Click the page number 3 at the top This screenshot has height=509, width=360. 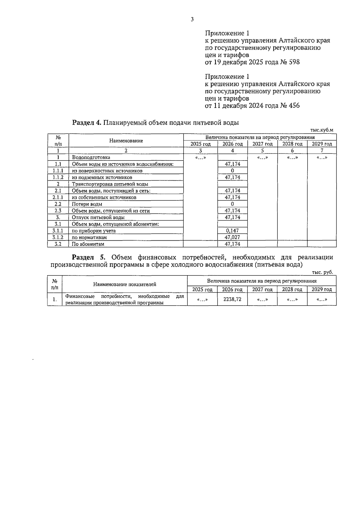[192, 20]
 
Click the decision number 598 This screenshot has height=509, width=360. [294, 62]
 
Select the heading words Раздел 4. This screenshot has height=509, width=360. [87, 123]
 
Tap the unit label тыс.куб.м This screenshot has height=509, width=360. [322, 130]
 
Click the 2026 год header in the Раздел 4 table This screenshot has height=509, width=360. [232, 144]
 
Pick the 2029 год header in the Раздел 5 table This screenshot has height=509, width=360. [322, 289]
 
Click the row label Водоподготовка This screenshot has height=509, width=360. [91, 157]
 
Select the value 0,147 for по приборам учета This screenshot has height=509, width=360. [232, 231]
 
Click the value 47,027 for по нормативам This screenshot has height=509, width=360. [232, 237]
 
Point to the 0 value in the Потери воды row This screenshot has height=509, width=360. [232, 204]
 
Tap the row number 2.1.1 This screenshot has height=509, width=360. [58, 197]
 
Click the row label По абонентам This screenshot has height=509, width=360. [88, 244]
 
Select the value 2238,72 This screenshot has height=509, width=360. [232, 299]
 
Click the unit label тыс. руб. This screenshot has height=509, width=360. [322, 272]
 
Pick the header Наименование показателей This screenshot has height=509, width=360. [124, 285]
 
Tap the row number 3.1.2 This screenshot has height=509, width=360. [58, 237]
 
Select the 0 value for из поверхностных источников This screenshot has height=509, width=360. [232, 171]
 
